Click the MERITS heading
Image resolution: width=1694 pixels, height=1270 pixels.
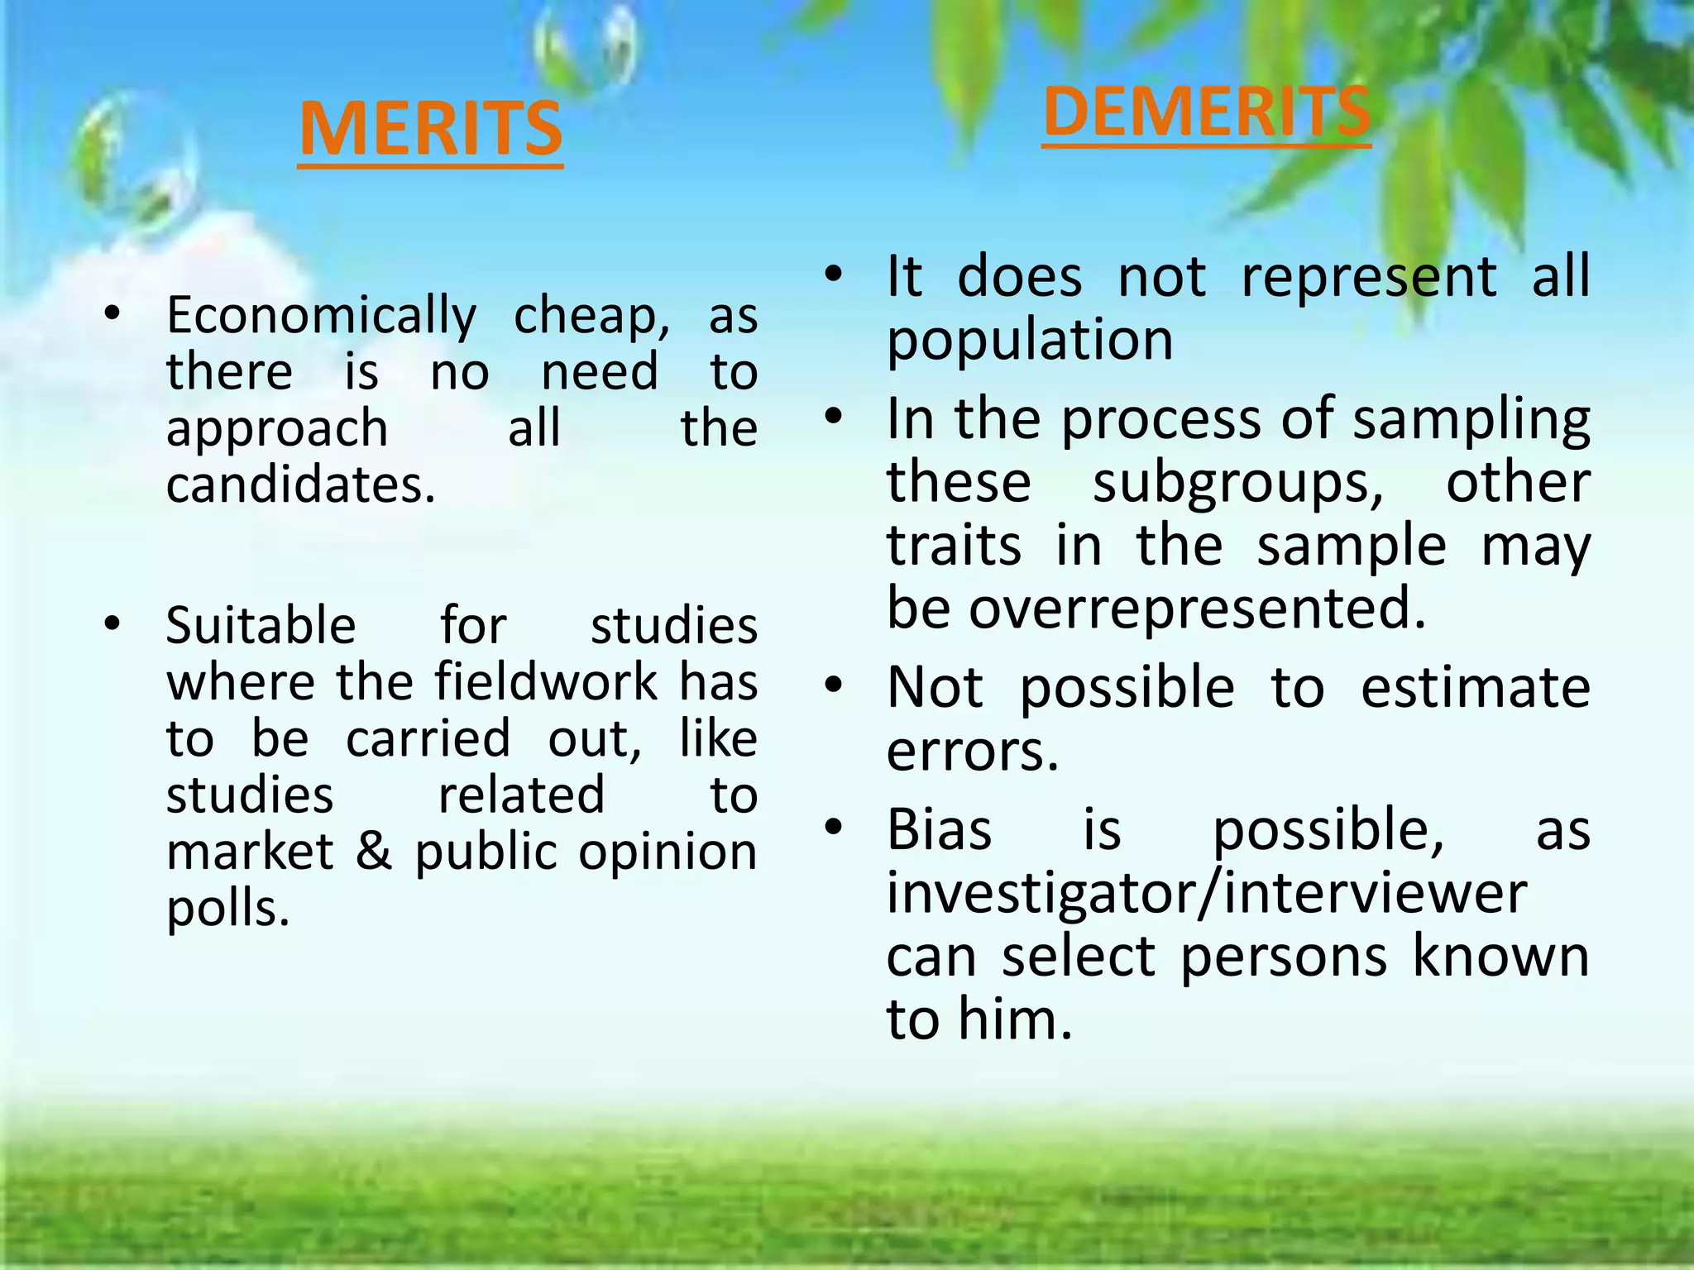click(x=430, y=129)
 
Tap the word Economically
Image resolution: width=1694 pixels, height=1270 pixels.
click(x=322, y=316)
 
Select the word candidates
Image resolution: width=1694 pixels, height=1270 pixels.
click(x=299, y=485)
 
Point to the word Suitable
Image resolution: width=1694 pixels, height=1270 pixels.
click(x=261, y=626)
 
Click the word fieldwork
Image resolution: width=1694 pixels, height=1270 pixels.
click(x=546, y=682)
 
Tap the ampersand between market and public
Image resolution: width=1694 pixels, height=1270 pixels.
click(x=373, y=852)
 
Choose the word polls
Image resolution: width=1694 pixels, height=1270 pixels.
click(x=227, y=910)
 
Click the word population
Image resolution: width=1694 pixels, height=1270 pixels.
click(x=1030, y=341)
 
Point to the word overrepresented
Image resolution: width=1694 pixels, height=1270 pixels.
click(x=1198, y=609)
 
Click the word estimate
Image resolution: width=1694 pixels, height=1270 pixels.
click(x=1475, y=688)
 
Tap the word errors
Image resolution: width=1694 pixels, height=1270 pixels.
click(x=972, y=752)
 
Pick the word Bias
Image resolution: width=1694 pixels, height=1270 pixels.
click(x=939, y=829)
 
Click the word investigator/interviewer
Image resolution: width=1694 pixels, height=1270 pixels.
click(x=1206, y=893)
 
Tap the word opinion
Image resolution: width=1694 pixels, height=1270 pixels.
click(x=668, y=853)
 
